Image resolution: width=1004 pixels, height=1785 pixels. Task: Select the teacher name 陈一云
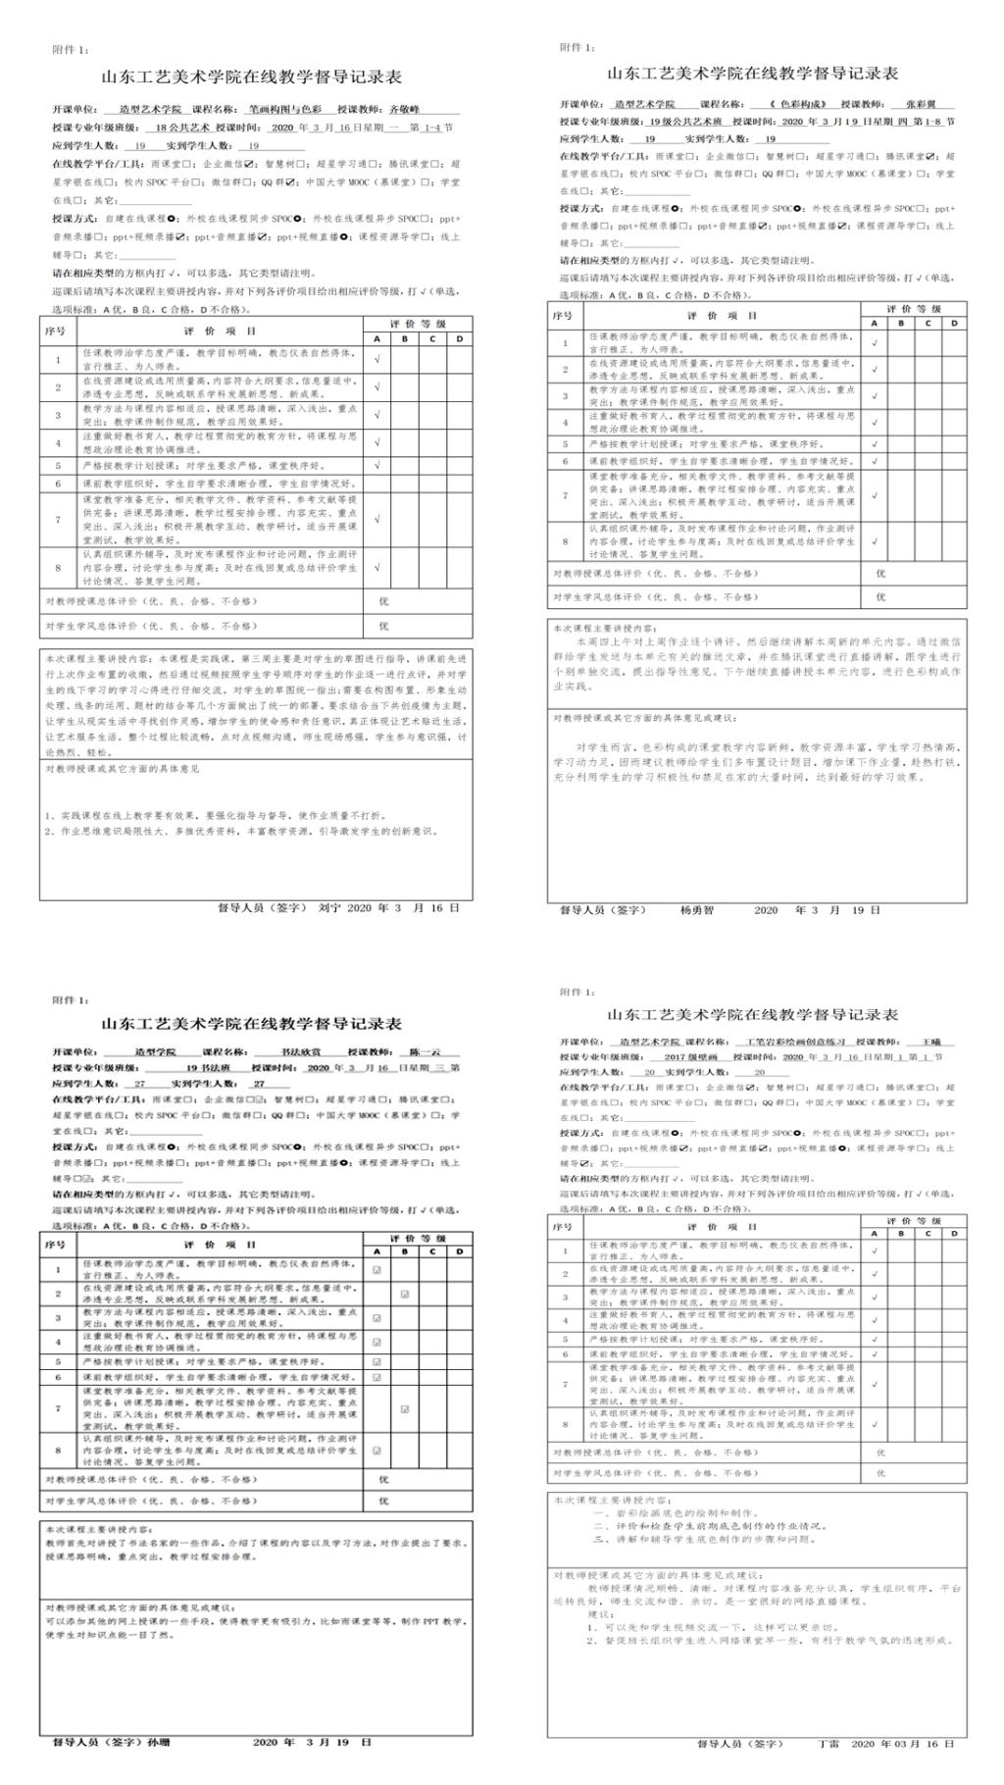pyautogui.click(x=426, y=1052)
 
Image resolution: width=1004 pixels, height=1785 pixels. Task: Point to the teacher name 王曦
pyautogui.click(x=918, y=1043)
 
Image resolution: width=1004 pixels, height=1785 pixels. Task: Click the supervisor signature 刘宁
pyautogui.click(x=329, y=908)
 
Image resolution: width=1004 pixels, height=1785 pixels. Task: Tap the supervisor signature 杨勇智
pyautogui.click(x=697, y=910)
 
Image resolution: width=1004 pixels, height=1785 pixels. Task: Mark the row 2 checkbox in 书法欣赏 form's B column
pyautogui.click(x=405, y=1294)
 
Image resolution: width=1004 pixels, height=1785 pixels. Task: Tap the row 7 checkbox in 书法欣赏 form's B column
pyautogui.click(x=405, y=1409)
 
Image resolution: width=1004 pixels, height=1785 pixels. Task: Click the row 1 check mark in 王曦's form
pyautogui.click(x=874, y=1251)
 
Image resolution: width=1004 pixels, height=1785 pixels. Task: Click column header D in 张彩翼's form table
pyautogui.click(x=953, y=323)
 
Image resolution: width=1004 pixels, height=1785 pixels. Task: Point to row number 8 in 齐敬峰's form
pyautogui.click(x=58, y=568)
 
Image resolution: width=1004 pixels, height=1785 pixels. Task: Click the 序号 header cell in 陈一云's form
pyautogui.click(x=54, y=1245)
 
